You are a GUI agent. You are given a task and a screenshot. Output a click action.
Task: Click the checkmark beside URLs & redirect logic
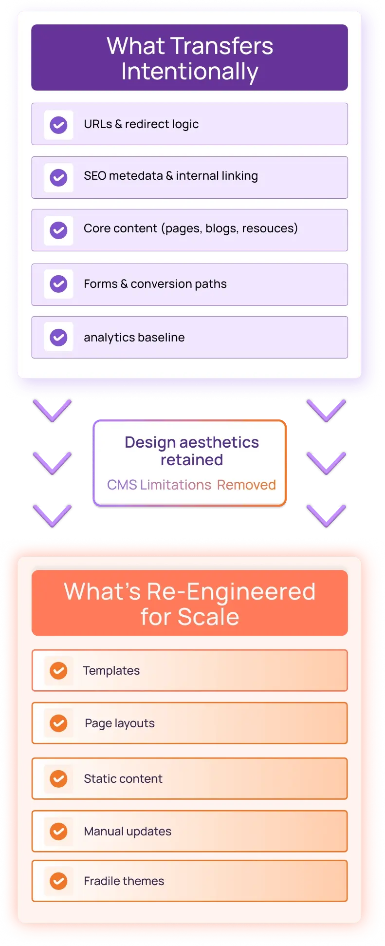[x=59, y=125]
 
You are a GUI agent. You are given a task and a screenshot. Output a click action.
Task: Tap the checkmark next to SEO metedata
[x=59, y=177]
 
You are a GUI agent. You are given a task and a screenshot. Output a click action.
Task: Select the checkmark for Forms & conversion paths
[x=59, y=284]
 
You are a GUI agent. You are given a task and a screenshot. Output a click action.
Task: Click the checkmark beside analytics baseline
[x=59, y=337]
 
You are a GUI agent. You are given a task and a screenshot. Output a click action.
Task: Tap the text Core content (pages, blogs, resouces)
[x=191, y=228]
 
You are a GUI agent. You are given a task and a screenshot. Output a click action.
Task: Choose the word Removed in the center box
[x=246, y=485]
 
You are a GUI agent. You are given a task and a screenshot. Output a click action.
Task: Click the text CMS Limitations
[x=159, y=485]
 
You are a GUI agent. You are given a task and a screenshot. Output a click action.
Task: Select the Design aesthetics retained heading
[x=192, y=451]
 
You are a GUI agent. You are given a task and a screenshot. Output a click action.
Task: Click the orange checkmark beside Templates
[x=59, y=671]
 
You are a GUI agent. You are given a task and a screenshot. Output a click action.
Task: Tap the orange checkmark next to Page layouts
[x=59, y=723]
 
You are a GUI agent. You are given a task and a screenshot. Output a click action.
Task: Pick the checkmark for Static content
[x=59, y=778]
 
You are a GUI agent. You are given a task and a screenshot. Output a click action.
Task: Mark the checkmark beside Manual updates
[x=59, y=831]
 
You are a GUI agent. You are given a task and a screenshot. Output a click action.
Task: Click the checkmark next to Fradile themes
[x=59, y=881]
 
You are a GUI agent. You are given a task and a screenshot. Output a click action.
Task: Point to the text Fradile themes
[x=124, y=881]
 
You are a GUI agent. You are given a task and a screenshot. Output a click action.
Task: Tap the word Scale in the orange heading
[x=208, y=617]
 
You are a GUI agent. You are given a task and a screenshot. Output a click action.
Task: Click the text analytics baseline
[x=134, y=338]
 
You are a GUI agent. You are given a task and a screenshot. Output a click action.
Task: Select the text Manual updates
[x=128, y=832]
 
